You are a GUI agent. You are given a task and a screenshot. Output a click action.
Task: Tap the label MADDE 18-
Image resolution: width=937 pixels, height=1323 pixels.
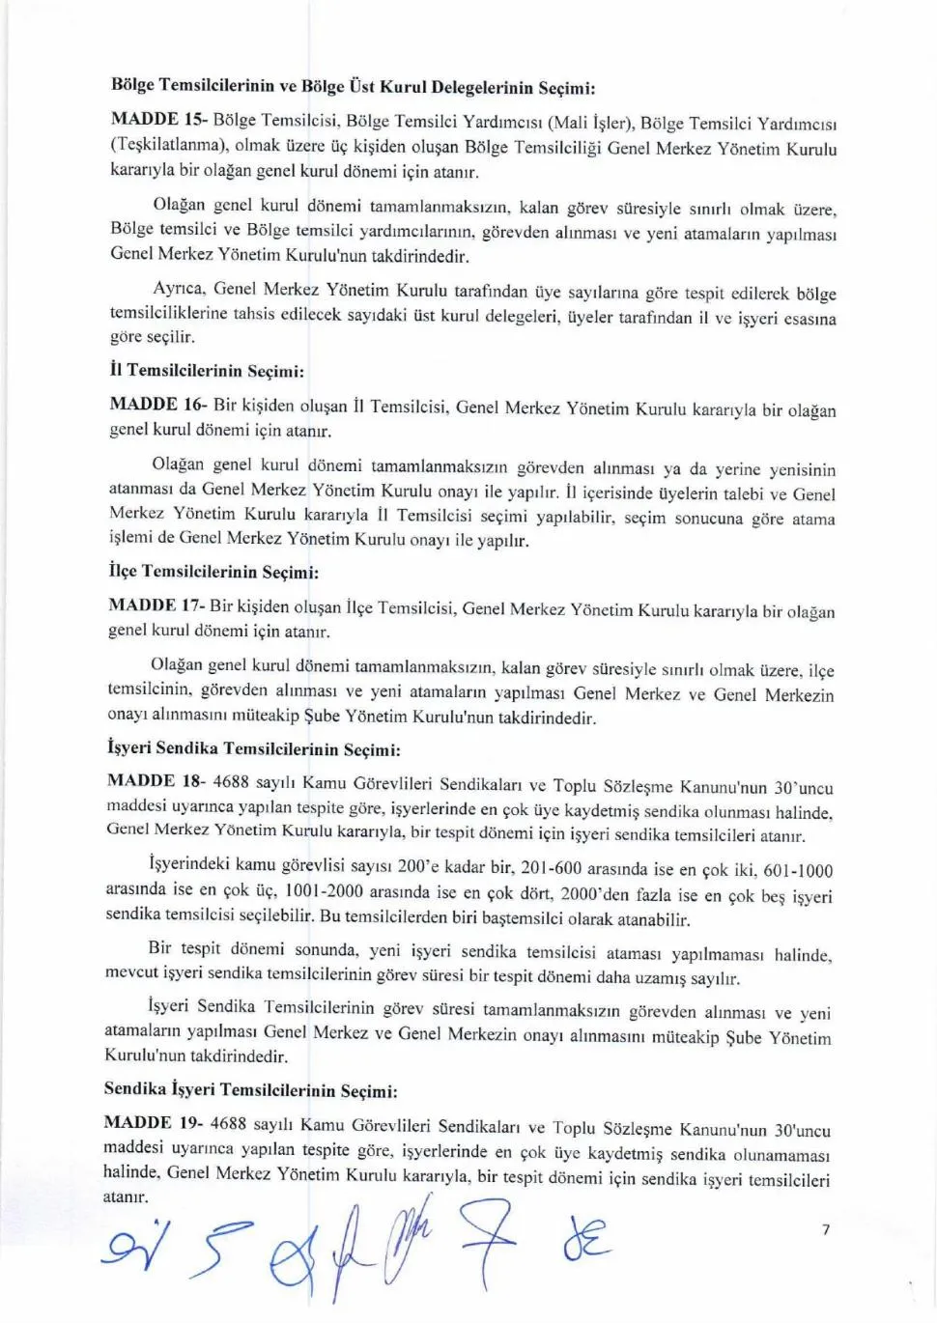click(x=155, y=781)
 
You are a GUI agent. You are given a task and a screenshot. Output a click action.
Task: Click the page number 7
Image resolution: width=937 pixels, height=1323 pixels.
click(x=825, y=1229)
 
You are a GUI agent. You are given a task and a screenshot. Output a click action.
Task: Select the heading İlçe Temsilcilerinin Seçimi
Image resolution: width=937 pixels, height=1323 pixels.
click(x=213, y=573)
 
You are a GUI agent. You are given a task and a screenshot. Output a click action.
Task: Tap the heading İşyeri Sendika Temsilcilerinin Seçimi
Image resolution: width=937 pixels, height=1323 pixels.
click(x=253, y=748)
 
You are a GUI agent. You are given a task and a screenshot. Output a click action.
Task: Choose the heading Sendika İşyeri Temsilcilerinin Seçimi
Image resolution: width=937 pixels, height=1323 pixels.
click(x=250, y=1090)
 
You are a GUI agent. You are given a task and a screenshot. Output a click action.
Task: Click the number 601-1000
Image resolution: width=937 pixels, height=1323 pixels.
click(x=798, y=870)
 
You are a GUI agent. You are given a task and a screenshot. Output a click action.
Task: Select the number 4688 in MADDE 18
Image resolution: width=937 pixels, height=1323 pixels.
click(x=231, y=781)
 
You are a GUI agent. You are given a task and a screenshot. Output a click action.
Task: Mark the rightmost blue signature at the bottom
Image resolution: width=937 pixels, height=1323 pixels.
click(x=586, y=1240)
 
